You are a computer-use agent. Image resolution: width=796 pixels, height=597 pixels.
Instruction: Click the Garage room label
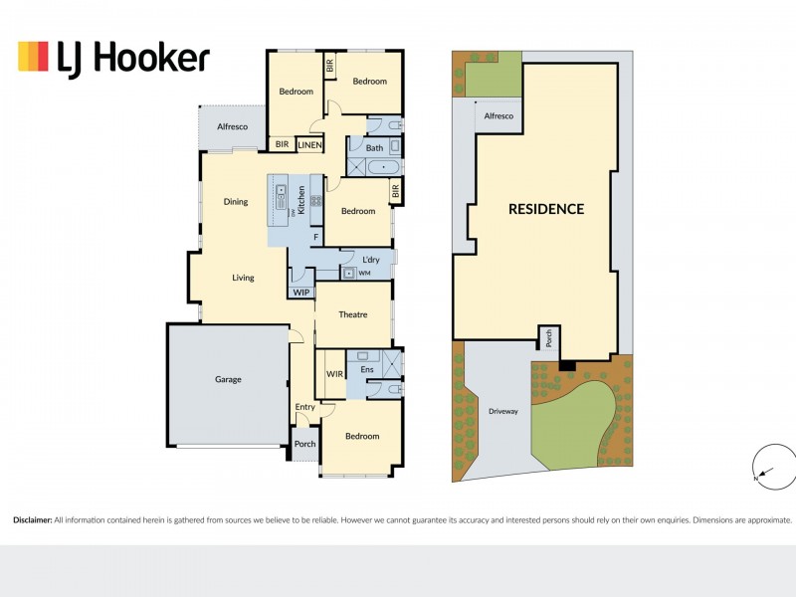[228, 379]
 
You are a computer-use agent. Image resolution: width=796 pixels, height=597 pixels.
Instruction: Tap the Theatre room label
[353, 314]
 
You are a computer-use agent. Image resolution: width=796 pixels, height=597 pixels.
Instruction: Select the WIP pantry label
[301, 293]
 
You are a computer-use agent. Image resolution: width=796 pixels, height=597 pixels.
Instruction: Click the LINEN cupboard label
[309, 145]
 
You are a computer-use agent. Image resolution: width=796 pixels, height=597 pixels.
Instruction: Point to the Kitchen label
[301, 200]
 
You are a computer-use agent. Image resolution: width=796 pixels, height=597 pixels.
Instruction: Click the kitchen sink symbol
[281, 197]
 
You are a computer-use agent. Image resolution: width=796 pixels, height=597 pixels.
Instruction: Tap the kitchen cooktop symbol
[315, 201]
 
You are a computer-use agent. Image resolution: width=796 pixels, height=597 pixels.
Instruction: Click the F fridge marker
[315, 237]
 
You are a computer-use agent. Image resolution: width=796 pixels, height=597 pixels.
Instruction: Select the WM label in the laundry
[364, 273]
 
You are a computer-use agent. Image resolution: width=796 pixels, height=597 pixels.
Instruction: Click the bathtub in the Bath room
[383, 167]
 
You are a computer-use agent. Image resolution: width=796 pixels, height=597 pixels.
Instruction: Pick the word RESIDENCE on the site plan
[546, 209]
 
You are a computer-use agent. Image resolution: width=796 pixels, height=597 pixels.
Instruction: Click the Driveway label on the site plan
[503, 411]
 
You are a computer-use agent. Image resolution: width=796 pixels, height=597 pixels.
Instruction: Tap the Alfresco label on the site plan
[498, 115]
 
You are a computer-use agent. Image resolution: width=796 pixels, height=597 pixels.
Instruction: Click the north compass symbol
[774, 467]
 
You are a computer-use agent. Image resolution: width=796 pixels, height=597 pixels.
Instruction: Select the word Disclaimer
[33, 519]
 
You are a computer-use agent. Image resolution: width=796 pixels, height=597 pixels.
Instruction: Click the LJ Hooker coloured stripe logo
[33, 56]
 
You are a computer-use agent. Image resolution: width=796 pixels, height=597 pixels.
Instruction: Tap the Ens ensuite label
[367, 369]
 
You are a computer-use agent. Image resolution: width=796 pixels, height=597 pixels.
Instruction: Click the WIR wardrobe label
[334, 374]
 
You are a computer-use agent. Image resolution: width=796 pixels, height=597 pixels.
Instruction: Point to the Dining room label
[236, 202]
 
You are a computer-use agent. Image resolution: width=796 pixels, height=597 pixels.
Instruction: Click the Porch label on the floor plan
[305, 444]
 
